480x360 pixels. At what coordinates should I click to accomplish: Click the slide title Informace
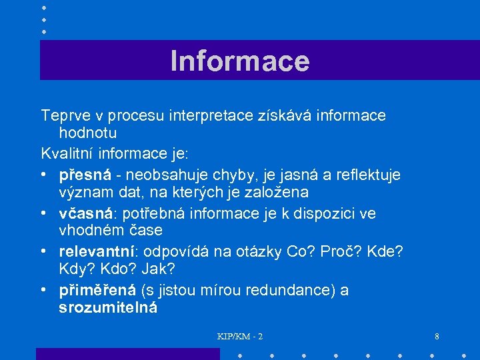[x=240, y=61]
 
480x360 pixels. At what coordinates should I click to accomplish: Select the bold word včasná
[x=85, y=213]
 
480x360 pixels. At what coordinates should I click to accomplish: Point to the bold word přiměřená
[x=97, y=291]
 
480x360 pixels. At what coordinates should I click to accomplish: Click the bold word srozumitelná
[x=108, y=308]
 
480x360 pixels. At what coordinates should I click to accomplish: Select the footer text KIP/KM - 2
[x=240, y=336]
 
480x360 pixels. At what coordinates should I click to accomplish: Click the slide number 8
[x=437, y=336]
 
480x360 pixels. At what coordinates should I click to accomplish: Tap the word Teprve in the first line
[x=62, y=116]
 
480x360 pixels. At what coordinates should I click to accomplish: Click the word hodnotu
[x=88, y=133]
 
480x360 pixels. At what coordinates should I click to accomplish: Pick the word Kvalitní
[x=67, y=153]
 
